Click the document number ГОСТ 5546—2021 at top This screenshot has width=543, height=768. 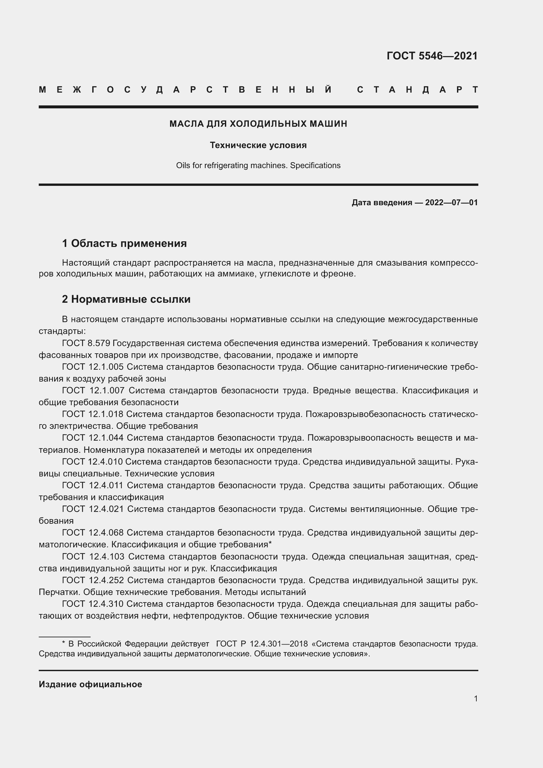pos(432,56)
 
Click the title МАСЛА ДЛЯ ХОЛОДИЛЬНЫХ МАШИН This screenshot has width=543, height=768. pos(258,124)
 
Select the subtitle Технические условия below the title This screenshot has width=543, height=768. pos(258,145)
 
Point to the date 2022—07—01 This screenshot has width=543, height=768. pos(451,202)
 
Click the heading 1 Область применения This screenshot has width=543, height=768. pos(124,243)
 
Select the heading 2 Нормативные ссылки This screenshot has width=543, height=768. pos(126,299)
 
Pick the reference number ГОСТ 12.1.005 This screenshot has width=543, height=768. pos(93,367)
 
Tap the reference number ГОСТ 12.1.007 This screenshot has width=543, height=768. pos(93,390)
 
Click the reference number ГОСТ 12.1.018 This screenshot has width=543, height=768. pos(93,414)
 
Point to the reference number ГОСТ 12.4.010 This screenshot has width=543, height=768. pos(92,462)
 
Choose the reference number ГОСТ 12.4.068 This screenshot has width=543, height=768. pos(93,533)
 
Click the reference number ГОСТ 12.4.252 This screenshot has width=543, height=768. pos(93,580)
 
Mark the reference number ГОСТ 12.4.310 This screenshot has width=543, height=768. pos(93,604)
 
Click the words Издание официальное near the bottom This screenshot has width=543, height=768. pos(90,684)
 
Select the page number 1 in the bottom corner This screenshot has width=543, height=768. pos(475,698)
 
